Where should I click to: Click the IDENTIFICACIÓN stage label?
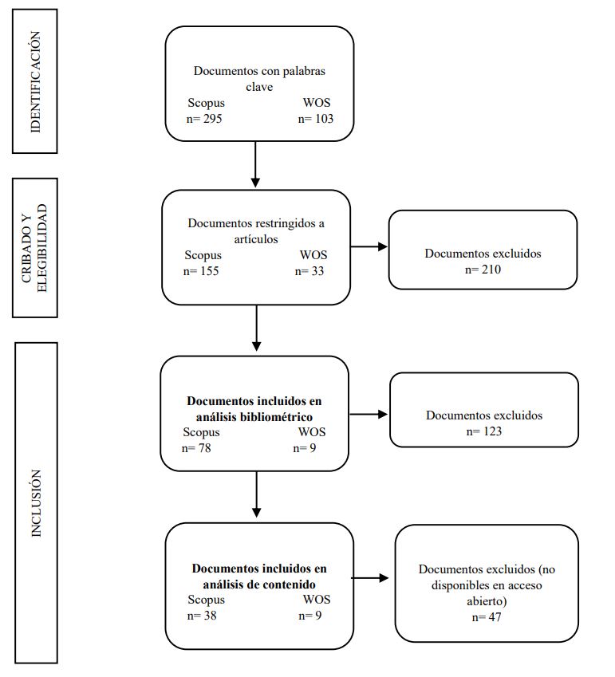(34, 81)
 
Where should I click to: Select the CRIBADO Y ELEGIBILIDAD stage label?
(34, 248)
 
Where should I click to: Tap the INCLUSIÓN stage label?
(36, 503)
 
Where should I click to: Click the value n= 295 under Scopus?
(203, 119)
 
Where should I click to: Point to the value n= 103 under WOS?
(315, 119)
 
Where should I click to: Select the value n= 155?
(201, 271)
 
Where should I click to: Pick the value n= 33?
(310, 271)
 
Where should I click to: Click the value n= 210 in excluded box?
(483, 270)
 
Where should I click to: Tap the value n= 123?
(483, 431)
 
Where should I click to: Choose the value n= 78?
(196, 448)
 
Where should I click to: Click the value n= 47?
(487, 617)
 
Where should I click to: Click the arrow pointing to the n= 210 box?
(369, 247)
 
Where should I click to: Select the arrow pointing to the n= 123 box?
(369, 415)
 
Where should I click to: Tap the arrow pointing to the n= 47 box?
(372, 578)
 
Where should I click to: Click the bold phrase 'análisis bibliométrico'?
(254, 416)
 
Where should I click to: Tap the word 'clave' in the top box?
(259, 87)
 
